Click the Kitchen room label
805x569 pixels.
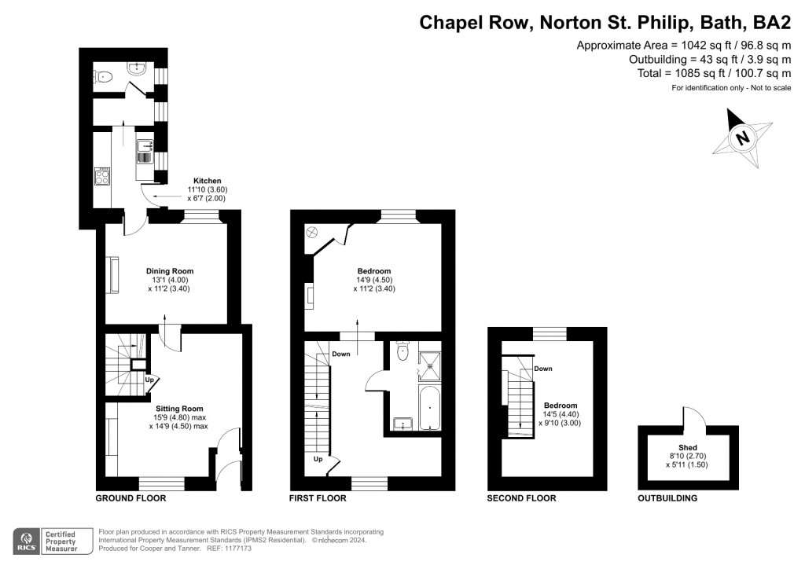tap(208, 181)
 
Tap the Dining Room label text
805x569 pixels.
tap(170, 271)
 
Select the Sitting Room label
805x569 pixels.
tap(178, 409)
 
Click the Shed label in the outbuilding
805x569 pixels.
tap(687, 447)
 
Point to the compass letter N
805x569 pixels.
tap(742, 138)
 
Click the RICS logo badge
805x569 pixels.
tap(27, 541)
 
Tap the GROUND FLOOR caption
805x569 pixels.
tap(131, 498)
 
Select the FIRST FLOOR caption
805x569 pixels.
tap(318, 498)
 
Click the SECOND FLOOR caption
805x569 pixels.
tap(522, 498)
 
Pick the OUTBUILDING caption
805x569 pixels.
tap(667, 498)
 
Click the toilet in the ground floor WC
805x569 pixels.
tap(103, 77)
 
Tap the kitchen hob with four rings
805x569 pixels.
tap(102, 176)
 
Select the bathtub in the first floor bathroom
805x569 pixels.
tap(429, 408)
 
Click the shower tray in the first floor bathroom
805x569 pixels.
tap(429, 365)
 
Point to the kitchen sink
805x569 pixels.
tap(145, 152)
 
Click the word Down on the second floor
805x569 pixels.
tap(543, 369)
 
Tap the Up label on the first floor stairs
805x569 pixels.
tap(318, 459)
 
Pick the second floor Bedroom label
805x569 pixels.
tap(561, 406)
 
